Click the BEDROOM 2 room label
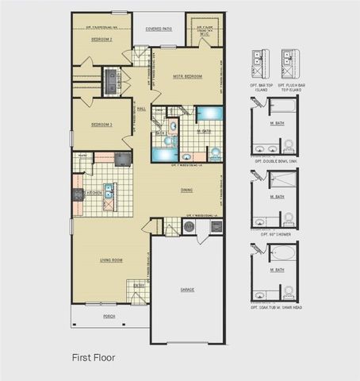pyautogui.click(x=101, y=39)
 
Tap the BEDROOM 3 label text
pyautogui.click(x=101, y=125)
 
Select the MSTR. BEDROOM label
pyautogui.click(x=188, y=76)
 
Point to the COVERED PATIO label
pyautogui.click(x=159, y=29)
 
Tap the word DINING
pyautogui.click(x=186, y=190)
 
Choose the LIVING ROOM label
pyautogui.click(x=110, y=260)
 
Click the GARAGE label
pyautogui.click(x=187, y=290)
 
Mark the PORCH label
pyautogui.click(x=109, y=316)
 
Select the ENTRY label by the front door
pyautogui.click(x=140, y=285)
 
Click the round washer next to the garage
pyautogui.click(x=189, y=226)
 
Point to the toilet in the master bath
pyautogui.click(x=213, y=152)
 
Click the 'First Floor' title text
pyautogui.click(x=94, y=358)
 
